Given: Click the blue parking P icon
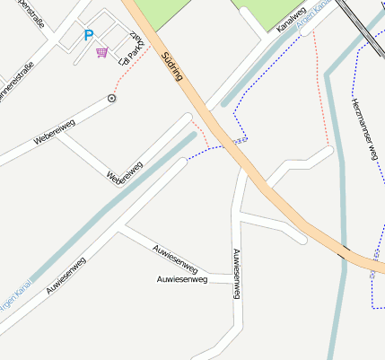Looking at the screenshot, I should pyautogui.click(x=88, y=35).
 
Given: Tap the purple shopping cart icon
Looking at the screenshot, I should pyautogui.click(x=101, y=52).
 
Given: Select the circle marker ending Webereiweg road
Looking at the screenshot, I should pyautogui.click(x=112, y=98).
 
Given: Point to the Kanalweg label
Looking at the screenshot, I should pyautogui.click(x=291, y=20).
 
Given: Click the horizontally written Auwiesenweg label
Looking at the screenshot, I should pyautogui.click(x=182, y=280).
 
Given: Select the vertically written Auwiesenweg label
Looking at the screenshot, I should pyautogui.click(x=236, y=275).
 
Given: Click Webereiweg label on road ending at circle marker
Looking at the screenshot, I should pyautogui.click(x=54, y=131).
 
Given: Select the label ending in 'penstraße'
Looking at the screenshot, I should pyautogui.click(x=29, y=16).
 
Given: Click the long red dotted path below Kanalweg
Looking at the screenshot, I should pyautogui.click(x=320, y=90).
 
